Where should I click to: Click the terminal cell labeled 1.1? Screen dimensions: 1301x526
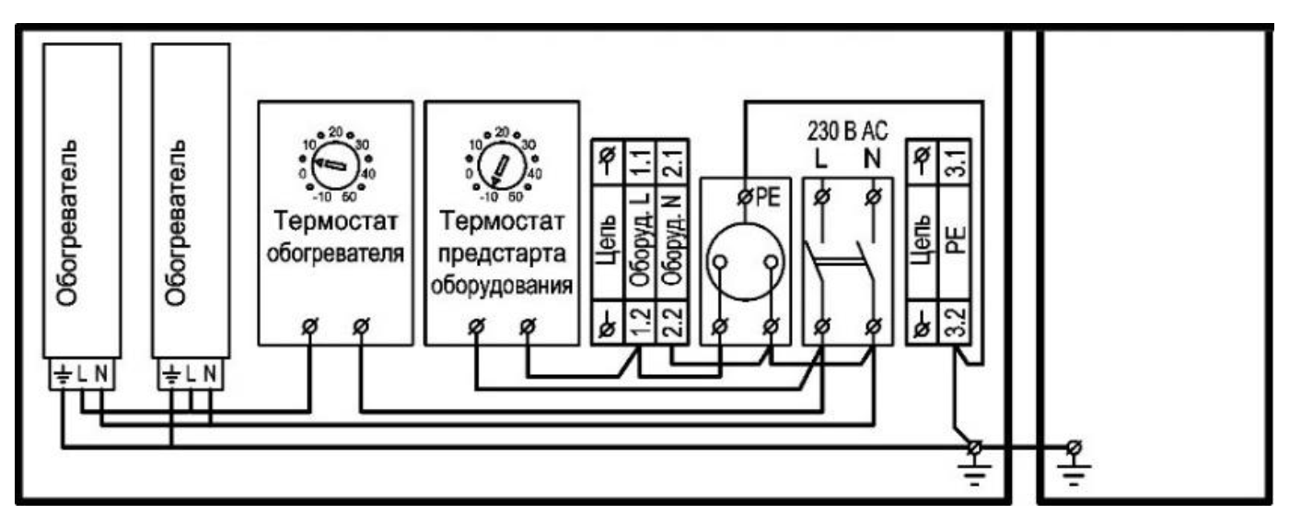(x=640, y=162)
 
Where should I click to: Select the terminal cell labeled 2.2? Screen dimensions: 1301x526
(x=672, y=322)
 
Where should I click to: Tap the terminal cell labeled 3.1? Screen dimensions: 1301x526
(x=955, y=162)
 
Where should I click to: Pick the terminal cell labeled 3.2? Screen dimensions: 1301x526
(x=955, y=322)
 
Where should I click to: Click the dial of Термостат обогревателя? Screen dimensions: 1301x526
(x=334, y=165)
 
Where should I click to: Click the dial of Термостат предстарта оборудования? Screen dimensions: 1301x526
(x=501, y=165)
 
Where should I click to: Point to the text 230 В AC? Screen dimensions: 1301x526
(x=847, y=131)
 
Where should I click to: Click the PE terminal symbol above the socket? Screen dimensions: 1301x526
(x=745, y=198)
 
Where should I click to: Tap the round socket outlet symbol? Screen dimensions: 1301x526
(x=745, y=262)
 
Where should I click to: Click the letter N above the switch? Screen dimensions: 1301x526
(x=872, y=158)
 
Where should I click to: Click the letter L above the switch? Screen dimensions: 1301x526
(x=820, y=158)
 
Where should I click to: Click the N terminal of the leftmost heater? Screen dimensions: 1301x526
(x=101, y=374)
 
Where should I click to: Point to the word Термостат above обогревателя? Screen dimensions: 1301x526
(x=336, y=221)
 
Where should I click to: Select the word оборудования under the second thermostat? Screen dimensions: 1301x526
(x=502, y=286)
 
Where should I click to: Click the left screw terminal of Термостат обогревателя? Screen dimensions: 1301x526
(x=310, y=327)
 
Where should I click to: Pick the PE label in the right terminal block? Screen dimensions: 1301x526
(x=955, y=240)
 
